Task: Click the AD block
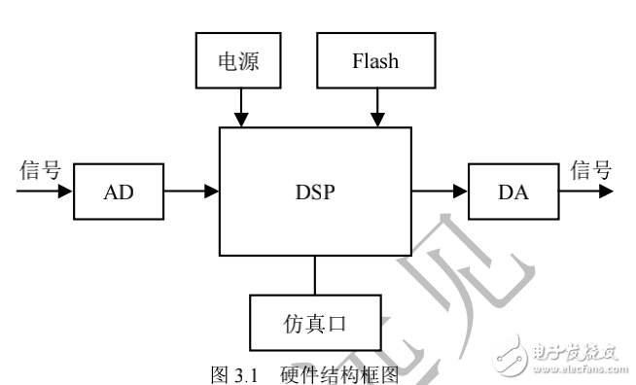(117, 192)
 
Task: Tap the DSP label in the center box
(316, 192)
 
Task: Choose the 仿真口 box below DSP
(313, 322)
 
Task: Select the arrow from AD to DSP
(191, 192)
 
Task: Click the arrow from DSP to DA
(440, 192)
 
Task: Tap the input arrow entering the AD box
(44, 192)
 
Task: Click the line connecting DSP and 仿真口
(314, 275)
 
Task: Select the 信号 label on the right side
(590, 170)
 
